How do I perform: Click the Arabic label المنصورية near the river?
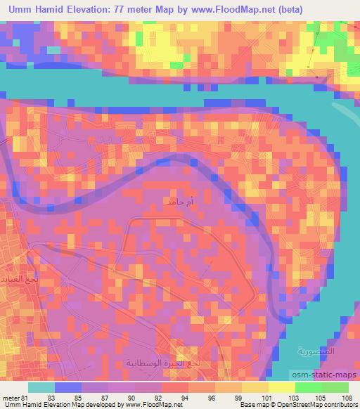(x=312, y=350)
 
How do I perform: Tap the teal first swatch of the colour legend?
(x=41, y=387)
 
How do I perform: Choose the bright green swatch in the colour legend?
(x=309, y=387)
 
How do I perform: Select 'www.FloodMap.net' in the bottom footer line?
(x=151, y=405)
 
